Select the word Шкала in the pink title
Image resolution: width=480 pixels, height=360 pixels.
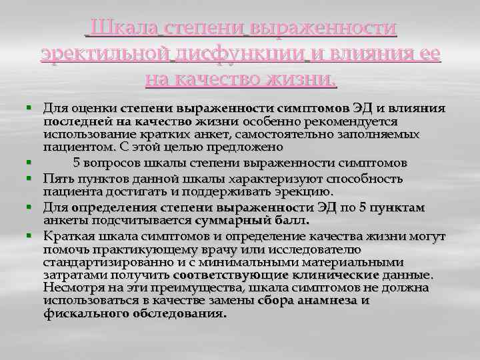click(123, 27)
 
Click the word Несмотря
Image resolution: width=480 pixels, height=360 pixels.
click(72, 287)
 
